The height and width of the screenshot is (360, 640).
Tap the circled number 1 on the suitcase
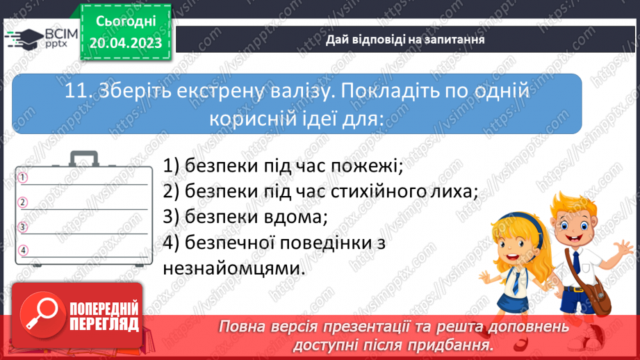(23, 178)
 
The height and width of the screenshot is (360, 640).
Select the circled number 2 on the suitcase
(23, 202)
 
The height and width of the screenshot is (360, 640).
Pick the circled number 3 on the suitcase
(23, 227)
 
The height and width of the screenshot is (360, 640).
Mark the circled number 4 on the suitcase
(23, 250)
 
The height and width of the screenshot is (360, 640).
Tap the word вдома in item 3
(295, 217)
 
